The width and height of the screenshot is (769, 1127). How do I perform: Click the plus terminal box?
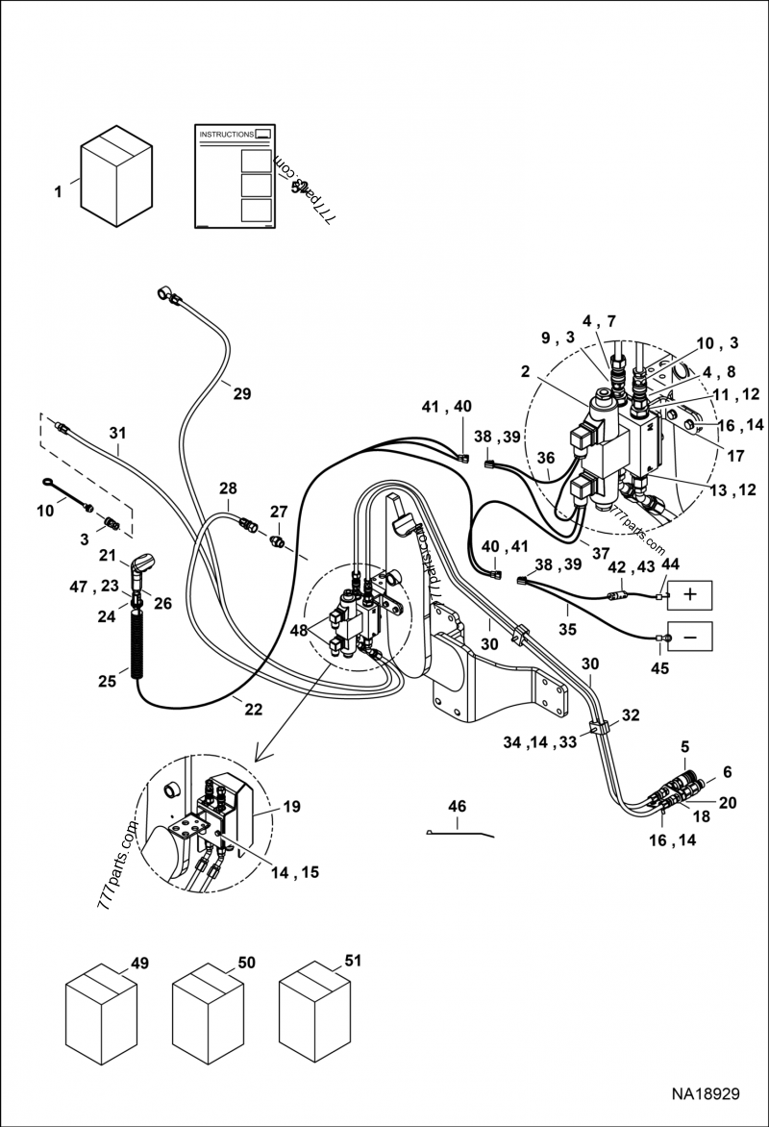pyautogui.click(x=689, y=594)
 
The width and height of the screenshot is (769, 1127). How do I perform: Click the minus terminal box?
pyautogui.click(x=689, y=636)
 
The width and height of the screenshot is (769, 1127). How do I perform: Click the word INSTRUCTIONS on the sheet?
pyautogui.click(x=226, y=135)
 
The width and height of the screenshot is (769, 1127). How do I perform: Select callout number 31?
pyautogui.click(x=117, y=434)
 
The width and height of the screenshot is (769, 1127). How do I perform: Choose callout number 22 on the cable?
pyautogui.click(x=252, y=709)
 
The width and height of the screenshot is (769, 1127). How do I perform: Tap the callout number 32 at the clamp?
pyautogui.click(x=630, y=714)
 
